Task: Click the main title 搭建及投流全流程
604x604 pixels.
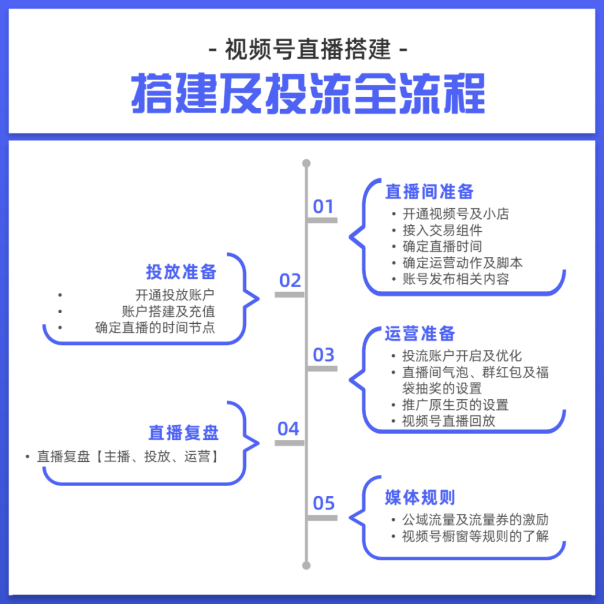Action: click(308, 94)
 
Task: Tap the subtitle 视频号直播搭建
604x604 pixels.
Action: click(308, 50)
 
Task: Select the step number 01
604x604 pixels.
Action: click(323, 207)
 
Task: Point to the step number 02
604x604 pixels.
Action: click(290, 280)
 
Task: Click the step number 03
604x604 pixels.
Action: click(323, 354)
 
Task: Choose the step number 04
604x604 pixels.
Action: click(288, 429)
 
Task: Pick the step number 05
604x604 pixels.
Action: click(324, 503)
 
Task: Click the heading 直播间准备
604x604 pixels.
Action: click(429, 192)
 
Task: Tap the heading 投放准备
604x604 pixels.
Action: click(181, 272)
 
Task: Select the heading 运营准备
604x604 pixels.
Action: click(420, 334)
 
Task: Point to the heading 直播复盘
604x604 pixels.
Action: click(183, 432)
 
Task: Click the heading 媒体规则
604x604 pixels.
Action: click(420, 497)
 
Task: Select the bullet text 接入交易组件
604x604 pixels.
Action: click(442, 231)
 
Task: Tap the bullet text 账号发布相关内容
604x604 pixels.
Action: click(456, 279)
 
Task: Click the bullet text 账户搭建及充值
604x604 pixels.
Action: click(168, 311)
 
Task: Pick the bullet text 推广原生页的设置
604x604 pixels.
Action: click(455, 405)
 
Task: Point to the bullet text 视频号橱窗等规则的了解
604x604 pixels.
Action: click(475, 536)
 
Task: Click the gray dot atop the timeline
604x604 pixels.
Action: click(306, 163)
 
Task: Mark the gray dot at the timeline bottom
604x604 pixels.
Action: click(306, 566)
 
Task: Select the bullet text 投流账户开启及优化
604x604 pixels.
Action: click(462, 356)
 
